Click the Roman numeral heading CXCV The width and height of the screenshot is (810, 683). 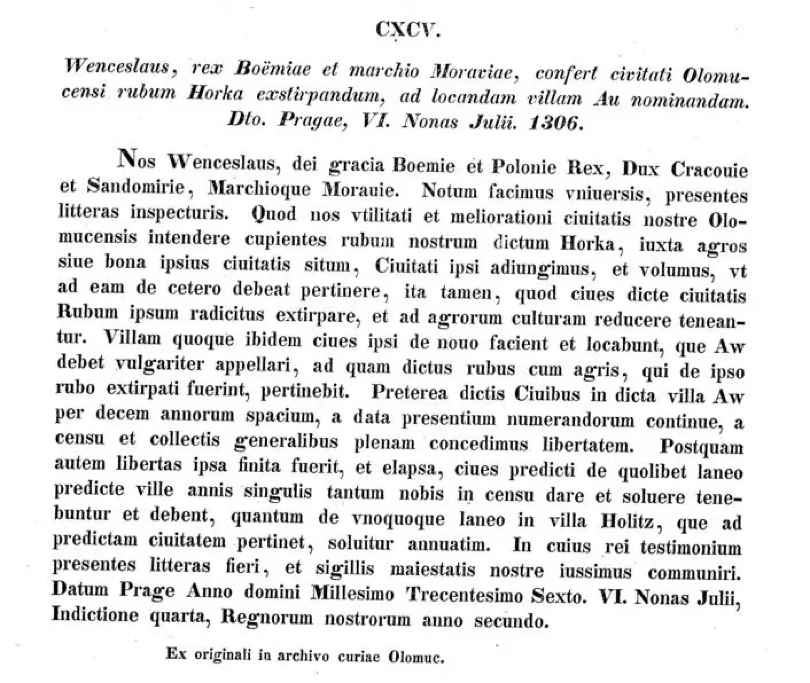pyautogui.click(x=407, y=30)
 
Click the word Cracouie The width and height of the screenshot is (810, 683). pyautogui.click(x=709, y=170)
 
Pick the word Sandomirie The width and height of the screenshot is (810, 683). pyautogui.click(x=136, y=187)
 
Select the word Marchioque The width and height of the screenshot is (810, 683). pyautogui.click(x=259, y=189)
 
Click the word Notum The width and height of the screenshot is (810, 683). pyautogui.click(x=450, y=191)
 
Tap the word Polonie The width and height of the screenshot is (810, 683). pyautogui.click(x=524, y=168)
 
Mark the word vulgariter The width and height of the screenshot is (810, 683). pyautogui.click(x=160, y=364)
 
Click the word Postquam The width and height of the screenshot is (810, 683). pyautogui.click(x=702, y=447)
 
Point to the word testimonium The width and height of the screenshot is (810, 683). pyautogui.click(x=691, y=548)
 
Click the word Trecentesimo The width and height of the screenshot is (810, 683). pyautogui.click(x=465, y=595)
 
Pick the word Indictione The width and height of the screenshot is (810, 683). pyautogui.click(x=96, y=615)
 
